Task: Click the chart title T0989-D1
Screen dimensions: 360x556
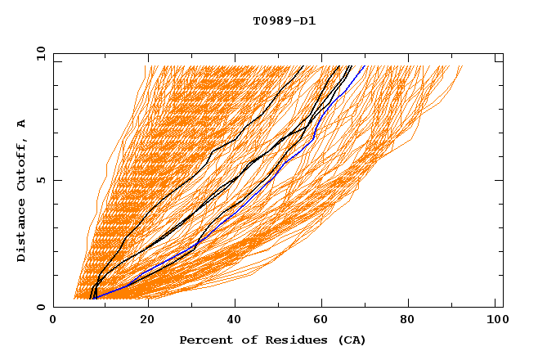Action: (285, 20)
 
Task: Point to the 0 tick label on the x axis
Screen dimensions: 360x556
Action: (53, 322)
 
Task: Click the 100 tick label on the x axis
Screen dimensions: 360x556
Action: (495, 322)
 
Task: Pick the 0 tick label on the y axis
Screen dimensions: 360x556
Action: (41, 308)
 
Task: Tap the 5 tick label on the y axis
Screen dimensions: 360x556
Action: (41, 180)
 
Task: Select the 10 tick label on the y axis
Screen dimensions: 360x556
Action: (38, 53)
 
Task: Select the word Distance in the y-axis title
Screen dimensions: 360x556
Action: (22, 233)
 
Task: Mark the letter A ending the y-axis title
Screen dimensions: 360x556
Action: (22, 124)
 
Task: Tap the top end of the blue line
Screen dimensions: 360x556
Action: (365, 65)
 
